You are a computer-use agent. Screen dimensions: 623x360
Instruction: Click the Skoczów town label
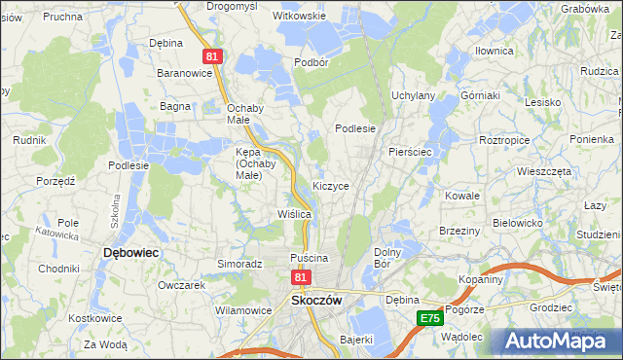coord(315,301)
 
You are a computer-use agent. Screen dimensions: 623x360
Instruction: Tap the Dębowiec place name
coord(130,252)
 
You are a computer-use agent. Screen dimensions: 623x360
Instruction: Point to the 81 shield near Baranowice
coord(213,58)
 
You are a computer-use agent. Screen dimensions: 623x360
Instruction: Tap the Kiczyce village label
coord(331,185)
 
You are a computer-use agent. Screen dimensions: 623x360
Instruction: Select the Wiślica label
coord(294,213)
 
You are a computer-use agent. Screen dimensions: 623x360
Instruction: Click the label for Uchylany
coord(413,95)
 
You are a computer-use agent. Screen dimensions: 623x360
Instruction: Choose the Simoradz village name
coord(240,264)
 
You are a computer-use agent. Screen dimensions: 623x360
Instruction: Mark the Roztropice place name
coord(504,140)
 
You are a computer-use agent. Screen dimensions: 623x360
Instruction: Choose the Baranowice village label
coord(185,73)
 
